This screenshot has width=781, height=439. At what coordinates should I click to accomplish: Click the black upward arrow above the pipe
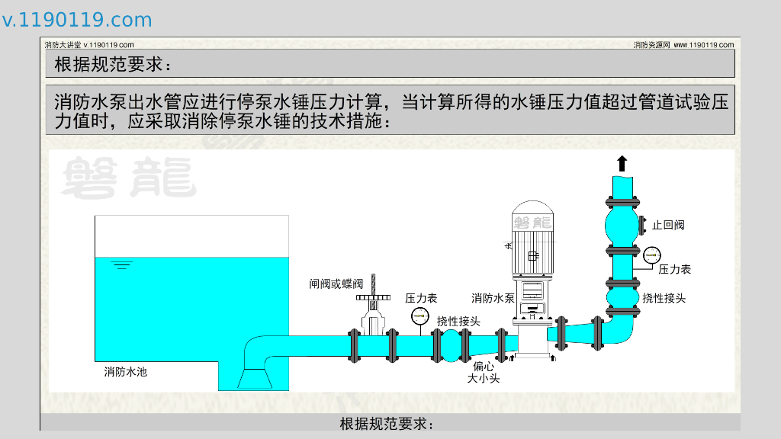pos(622,163)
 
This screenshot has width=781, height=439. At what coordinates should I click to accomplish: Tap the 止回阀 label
pos(668,225)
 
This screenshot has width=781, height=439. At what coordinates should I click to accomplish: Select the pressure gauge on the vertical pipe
pos(651,255)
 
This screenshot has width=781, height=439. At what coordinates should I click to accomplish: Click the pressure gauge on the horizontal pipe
pos(419,315)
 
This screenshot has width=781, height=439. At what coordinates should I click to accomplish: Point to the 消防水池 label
pos(125,372)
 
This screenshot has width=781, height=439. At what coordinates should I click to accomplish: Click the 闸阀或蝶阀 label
pos(336,284)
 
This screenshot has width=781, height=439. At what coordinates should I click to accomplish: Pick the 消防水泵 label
pos(493,298)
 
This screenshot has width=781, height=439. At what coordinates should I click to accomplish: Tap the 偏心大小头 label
pos(484,372)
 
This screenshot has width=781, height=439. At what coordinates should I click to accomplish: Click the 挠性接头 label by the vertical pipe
pos(664,298)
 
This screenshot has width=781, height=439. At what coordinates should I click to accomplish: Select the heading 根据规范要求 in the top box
pos(114,65)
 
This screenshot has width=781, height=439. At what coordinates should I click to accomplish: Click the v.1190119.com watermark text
pos(77,20)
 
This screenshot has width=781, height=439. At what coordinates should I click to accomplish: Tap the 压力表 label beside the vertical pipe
pos(674,269)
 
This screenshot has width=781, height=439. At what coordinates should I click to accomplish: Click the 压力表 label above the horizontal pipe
pos(421,298)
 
